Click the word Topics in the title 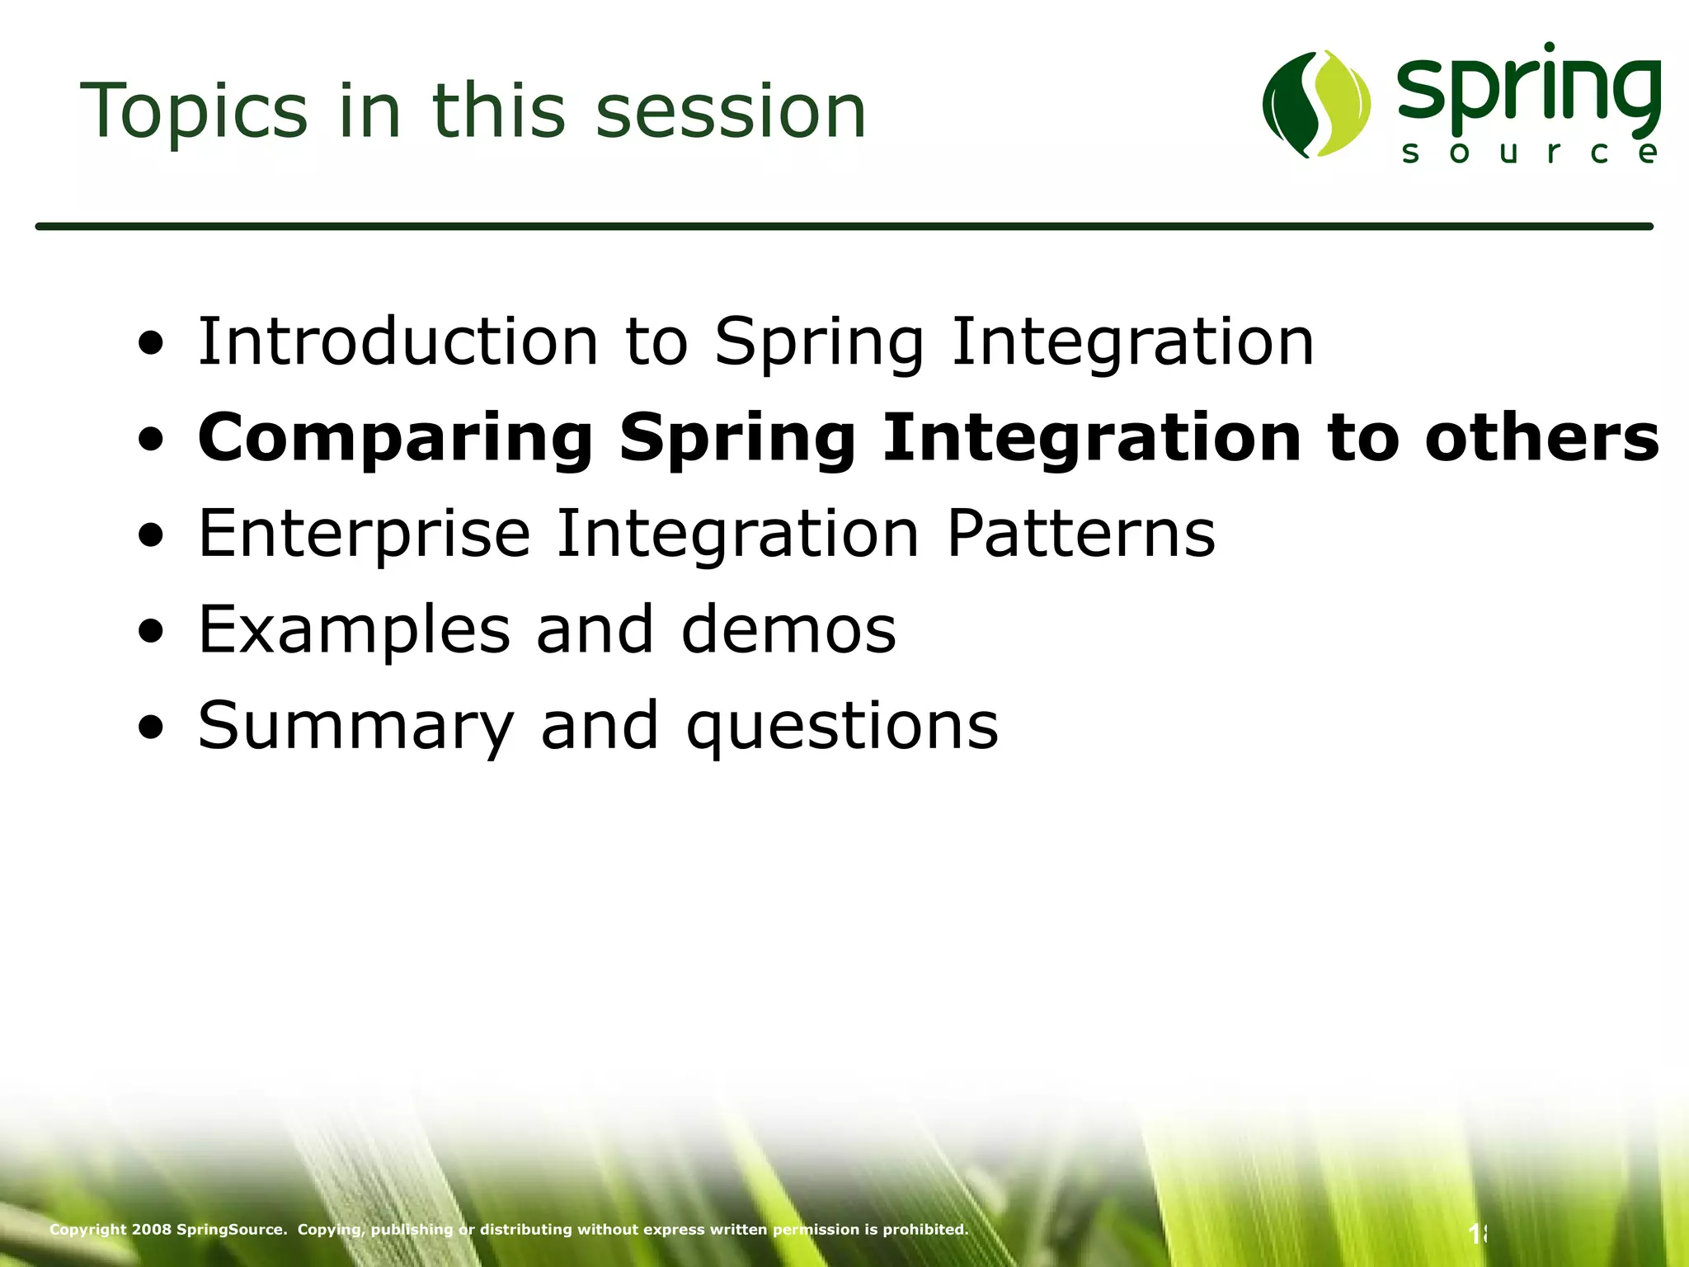pyautogui.click(x=194, y=111)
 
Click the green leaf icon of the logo pyautogui.click(x=1316, y=104)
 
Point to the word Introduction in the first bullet pyautogui.click(x=398, y=341)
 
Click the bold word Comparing pyautogui.click(x=396, y=439)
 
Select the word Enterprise pyautogui.click(x=364, y=534)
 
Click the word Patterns pyautogui.click(x=1080, y=534)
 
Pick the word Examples pyautogui.click(x=354, y=630)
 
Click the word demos pyautogui.click(x=788, y=630)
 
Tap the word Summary pyautogui.click(x=355, y=727)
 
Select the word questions pyautogui.click(x=842, y=727)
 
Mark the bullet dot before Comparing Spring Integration pyautogui.click(x=151, y=440)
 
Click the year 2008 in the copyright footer pyautogui.click(x=152, y=1229)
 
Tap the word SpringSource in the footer pyautogui.click(x=232, y=1229)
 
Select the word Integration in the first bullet pyautogui.click(x=1132, y=341)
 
